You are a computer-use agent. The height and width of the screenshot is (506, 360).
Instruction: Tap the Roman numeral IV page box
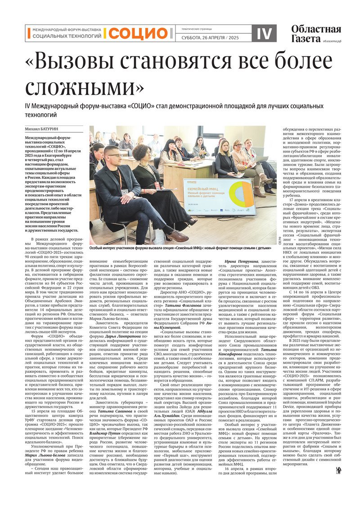pyautogui.click(x=264, y=33)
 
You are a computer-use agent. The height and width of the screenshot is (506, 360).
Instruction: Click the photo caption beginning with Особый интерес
pyautogui.click(x=180, y=247)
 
